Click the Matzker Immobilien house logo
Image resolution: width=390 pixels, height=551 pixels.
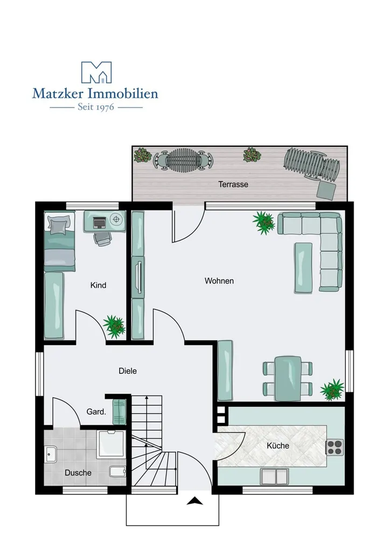click(x=96, y=73)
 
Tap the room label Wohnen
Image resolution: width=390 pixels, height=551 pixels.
click(x=219, y=281)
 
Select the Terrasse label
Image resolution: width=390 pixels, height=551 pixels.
click(x=233, y=184)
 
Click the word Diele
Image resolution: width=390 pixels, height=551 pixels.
click(x=128, y=371)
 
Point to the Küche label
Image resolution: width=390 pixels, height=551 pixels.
click(x=278, y=446)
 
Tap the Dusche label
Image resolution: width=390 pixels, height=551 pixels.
click(x=78, y=472)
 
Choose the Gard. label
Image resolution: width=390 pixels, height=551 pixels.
click(x=96, y=412)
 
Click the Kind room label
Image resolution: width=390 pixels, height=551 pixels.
click(x=98, y=285)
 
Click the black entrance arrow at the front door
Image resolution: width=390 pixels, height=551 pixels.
click(x=194, y=501)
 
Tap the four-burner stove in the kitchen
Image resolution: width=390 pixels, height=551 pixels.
click(x=335, y=447)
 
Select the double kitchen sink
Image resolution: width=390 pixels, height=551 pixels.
click(x=274, y=476)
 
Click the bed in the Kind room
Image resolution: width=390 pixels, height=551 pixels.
click(x=59, y=241)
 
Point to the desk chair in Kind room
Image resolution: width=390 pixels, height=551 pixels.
click(x=102, y=238)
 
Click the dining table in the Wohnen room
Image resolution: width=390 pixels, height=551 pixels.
click(x=288, y=378)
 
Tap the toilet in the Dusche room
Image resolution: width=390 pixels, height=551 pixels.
click(x=117, y=471)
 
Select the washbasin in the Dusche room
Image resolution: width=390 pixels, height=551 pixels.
click(x=51, y=454)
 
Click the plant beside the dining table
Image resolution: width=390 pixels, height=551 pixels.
click(x=332, y=390)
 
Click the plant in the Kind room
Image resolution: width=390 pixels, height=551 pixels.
click(x=114, y=327)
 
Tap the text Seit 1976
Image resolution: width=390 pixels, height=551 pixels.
click(x=96, y=107)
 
